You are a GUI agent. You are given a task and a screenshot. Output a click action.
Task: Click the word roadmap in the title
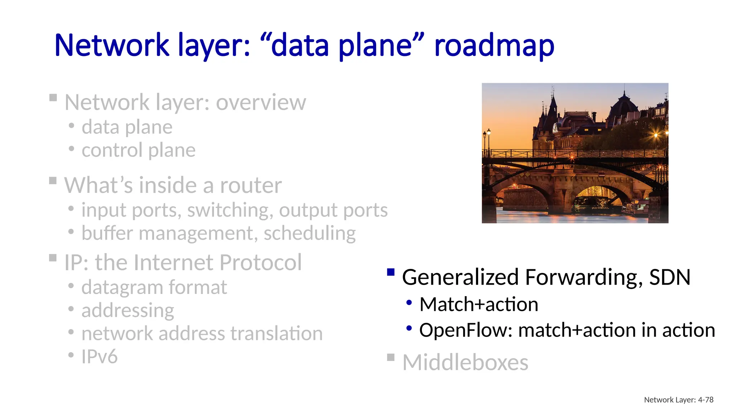494,46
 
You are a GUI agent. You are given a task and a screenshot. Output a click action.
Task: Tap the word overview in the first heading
261,103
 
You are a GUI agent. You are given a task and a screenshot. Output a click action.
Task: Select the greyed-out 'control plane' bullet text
139,150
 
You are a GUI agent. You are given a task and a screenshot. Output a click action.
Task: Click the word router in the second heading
251,185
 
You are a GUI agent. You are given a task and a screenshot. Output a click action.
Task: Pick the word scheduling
310,233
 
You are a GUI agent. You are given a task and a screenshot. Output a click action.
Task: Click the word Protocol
261,262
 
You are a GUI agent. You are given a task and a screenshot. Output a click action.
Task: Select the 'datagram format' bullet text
154,287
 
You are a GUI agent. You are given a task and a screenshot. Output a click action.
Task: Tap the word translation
276,333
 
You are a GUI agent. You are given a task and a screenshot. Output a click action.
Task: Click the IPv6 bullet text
99,357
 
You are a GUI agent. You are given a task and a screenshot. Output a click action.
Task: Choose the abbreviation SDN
670,277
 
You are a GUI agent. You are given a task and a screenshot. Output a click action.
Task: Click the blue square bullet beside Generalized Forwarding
391,272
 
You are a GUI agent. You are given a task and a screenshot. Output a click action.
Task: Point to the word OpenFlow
466,330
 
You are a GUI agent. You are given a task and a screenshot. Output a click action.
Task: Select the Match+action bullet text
479,304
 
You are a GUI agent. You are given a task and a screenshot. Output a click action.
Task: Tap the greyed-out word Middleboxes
465,362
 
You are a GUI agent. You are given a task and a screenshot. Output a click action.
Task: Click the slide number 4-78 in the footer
705,400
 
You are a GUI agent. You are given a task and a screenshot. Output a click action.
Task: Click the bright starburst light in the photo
656,135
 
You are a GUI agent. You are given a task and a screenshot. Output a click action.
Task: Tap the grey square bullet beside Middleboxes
391,357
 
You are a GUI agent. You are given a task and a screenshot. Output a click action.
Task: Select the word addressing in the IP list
128,310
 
